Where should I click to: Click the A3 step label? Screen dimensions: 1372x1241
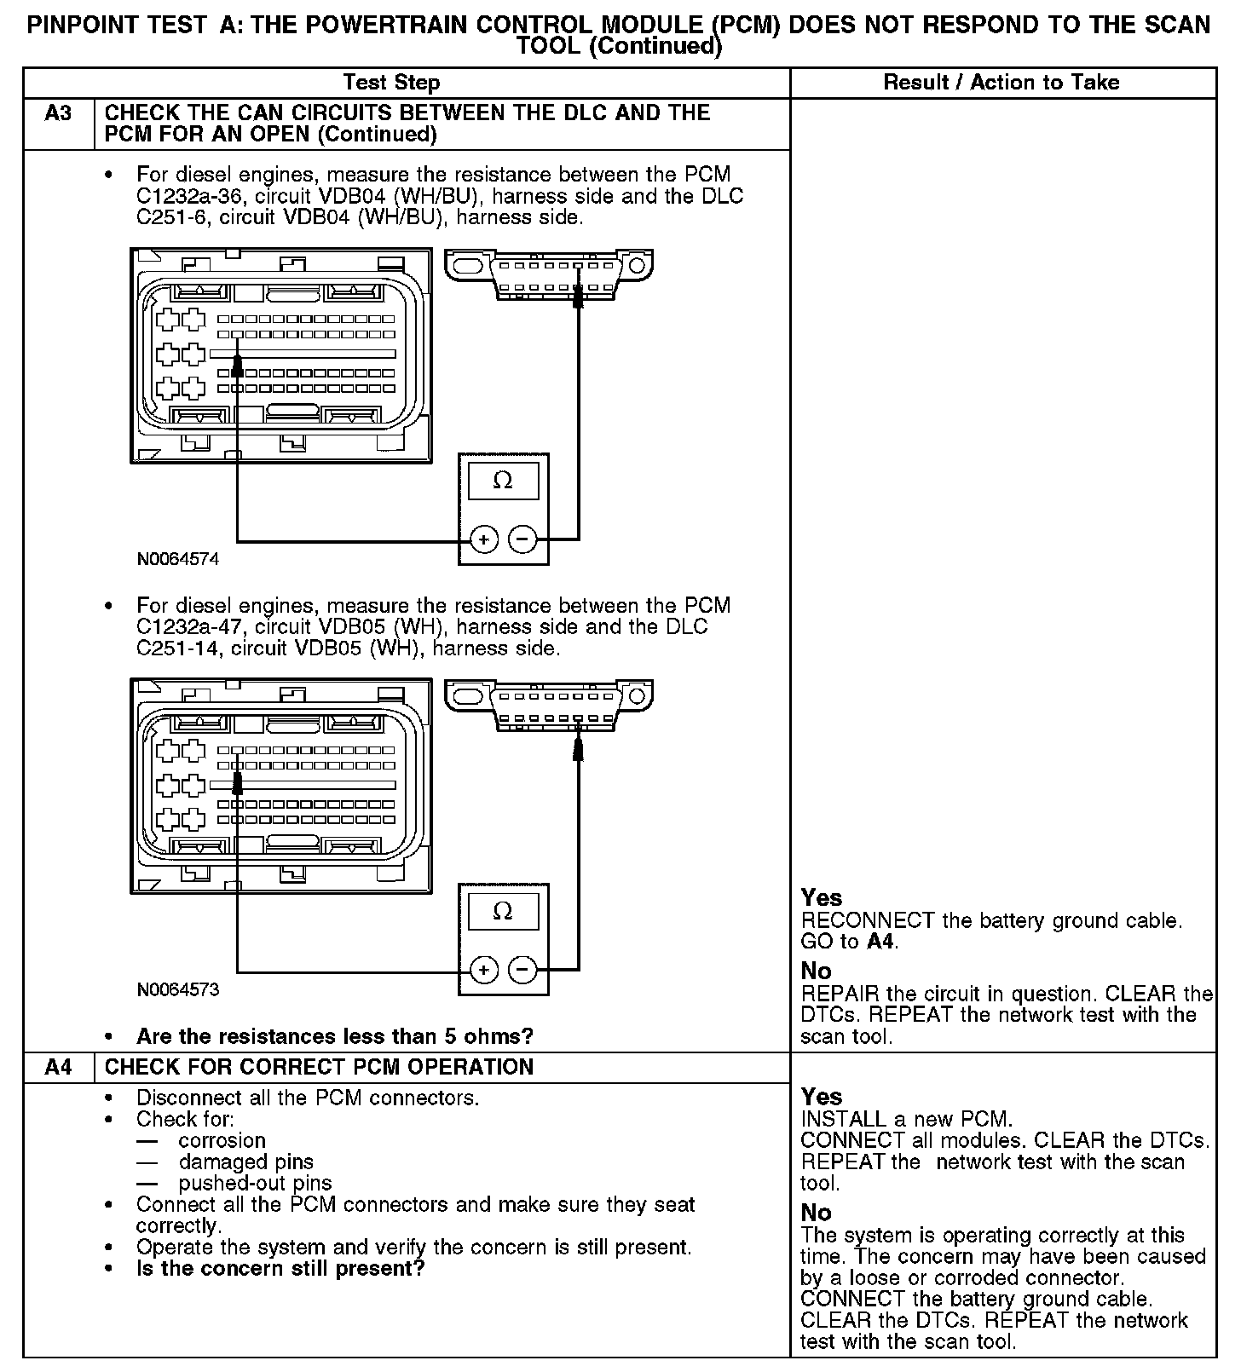click(58, 113)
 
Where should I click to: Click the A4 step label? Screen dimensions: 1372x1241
click(58, 1067)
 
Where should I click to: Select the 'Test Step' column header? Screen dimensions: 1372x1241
click(391, 83)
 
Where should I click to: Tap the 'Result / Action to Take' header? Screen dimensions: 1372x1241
click(1001, 83)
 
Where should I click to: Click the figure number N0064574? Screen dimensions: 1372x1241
click(178, 560)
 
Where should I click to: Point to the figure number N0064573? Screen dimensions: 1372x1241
click(178, 990)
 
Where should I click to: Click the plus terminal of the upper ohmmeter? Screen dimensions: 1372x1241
click(484, 539)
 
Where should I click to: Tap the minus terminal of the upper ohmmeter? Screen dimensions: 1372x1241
click(522, 539)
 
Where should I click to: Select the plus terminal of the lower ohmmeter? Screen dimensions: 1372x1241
click(484, 970)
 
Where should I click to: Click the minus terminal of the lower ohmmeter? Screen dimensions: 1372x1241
click(522, 970)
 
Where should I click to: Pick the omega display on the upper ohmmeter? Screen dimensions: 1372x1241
click(503, 481)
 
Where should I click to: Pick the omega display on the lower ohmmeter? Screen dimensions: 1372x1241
click(503, 912)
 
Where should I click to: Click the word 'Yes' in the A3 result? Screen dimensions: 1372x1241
click(822, 898)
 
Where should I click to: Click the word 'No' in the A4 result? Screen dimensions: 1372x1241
click(817, 1213)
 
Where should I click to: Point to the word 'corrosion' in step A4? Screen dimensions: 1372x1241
click(222, 1141)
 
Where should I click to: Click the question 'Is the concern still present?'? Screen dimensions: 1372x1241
click(280, 1269)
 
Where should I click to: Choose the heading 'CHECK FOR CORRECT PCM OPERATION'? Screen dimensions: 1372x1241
click(319, 1067)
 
